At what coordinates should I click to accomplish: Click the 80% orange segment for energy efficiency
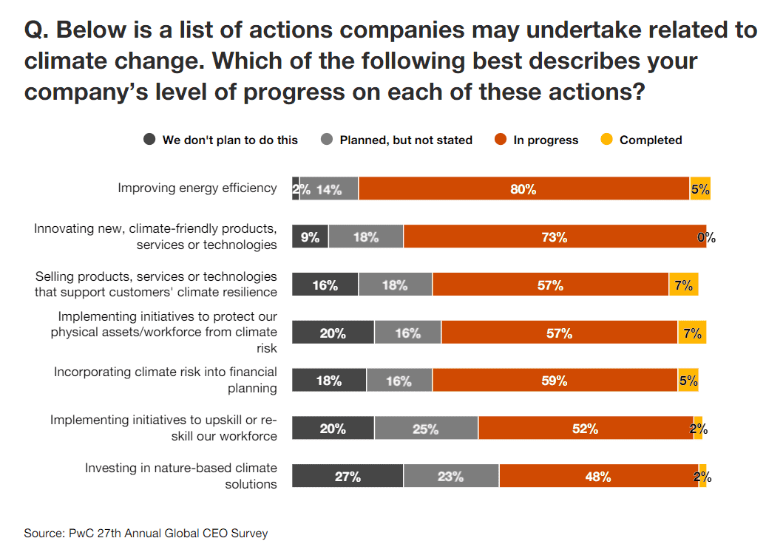[x=523, y=189]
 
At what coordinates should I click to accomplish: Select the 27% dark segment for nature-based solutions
[x=348, y=477]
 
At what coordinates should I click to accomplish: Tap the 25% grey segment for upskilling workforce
[x=426, y=429]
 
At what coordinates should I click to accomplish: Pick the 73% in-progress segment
[x=554, y=237]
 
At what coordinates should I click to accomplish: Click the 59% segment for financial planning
[x=555, y=381]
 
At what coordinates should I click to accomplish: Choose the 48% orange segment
[x=597, y=477]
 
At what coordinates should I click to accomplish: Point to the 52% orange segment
[x=585, y=429]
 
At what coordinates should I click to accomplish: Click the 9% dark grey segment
[x=310, y=237]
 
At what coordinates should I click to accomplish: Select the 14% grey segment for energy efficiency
[x=329, y=189]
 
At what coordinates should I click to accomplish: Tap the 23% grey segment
[x=450, y=477]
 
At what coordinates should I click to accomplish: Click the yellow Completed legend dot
[x=606, y=140]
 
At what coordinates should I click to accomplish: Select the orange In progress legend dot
[x=500, y=140]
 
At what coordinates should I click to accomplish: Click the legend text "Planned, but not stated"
[x=405, y=140]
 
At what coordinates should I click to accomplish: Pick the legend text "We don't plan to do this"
[x=230, y=140]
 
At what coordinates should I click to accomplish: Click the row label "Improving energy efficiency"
[x=197, y=188]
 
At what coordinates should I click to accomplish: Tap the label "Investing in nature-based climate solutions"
[x=181, y=476]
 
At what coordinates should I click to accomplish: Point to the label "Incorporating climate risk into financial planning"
[x=166, y=380]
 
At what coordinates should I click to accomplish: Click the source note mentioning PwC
[x=146, y=533]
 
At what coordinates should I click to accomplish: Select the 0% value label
[x=707, y=238]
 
